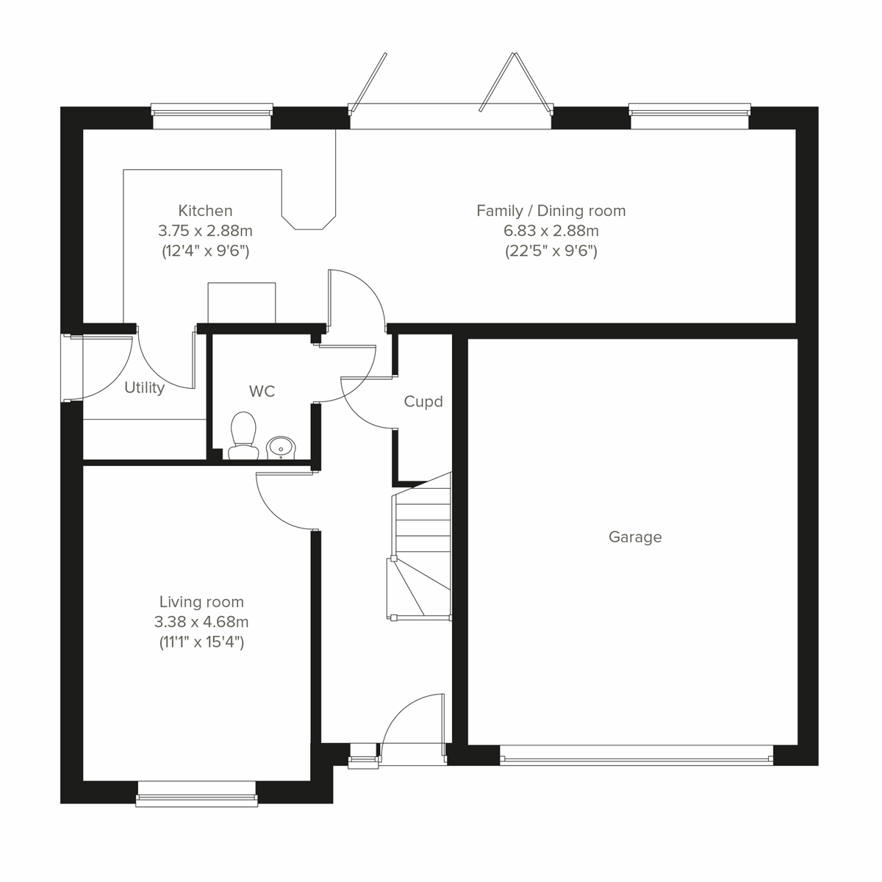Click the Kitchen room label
pos(205,211)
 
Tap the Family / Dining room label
pos(551,211)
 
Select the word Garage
pos(635,537)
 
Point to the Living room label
pos(201,603)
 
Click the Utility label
pos(144,388)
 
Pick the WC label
pos(262,392)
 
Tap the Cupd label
pos(423,402)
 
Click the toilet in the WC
pos(242,435)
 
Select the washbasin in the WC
pos(281,446)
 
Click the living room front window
pos(197,794)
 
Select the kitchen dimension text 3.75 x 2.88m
pos(205,231)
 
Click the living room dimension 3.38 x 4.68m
pos(201,623)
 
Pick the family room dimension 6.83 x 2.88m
pos(551,231)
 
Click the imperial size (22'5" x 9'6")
pos(551,251)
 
